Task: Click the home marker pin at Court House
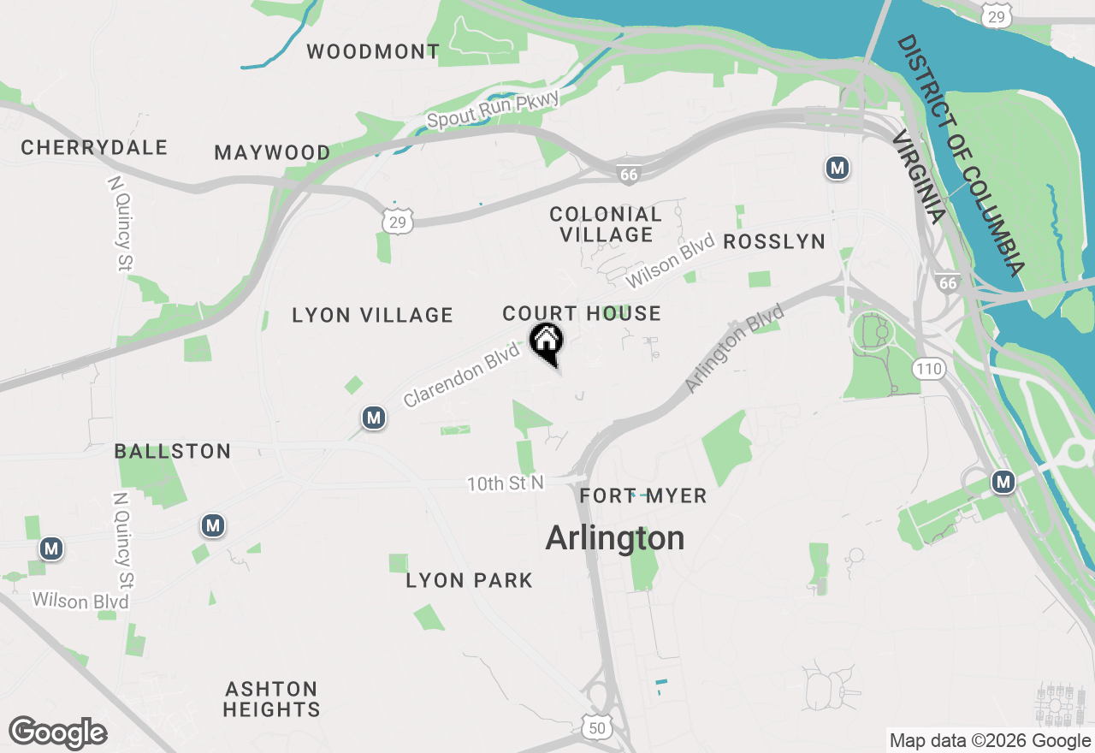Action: pyautogui.click(x=546, y=343)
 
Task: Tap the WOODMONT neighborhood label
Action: pyautogui.click(x=373, y=51)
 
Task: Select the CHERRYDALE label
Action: pyautogui.click(x=94, y=147)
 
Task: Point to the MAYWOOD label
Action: pyautogui.click(x=272, y=152)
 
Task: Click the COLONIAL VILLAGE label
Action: pyautogui.click(x=606, y=224)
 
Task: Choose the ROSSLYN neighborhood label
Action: pyautogui.click(x=774, y=242)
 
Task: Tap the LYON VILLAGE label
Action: pyautogui.click(x=372, y=315)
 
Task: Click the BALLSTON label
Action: pyautogui.click(x=173, y=451)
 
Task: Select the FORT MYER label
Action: pyautogui.click(x=643, y=496)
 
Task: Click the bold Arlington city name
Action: pyautogui.click(x=615, y=538)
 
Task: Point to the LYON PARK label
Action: pyautogui.click(x=470, y=580)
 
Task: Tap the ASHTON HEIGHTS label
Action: pyautogui.click(x=272, y=699)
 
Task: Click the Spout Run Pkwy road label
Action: pyautogui.click(x=493, y=110)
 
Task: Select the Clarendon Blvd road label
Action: pyautogui.click(x=462, y=375)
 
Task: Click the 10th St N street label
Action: pyautogui.click(x=505, y=483)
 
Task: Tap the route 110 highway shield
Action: pyautogui.click(x=928, y=370)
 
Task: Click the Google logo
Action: pyautogui.click(x=58, y=733)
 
